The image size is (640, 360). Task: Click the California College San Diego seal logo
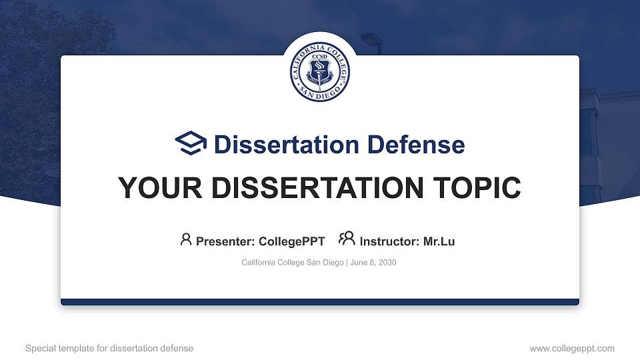[x=320, y=73]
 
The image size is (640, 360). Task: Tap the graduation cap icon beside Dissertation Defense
[x=191, y=144]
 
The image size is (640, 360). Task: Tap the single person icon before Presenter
[x=186, y=239]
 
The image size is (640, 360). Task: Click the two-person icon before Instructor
[x=347, y=239]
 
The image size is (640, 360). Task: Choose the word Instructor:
[x=390, y=241]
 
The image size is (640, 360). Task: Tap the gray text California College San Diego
[x=291, y=263]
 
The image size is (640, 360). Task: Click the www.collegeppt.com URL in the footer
[x=572, y=348]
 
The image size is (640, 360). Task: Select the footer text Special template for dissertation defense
[x=109, y=348]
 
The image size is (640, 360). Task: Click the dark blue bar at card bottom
[x=320, y=302]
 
